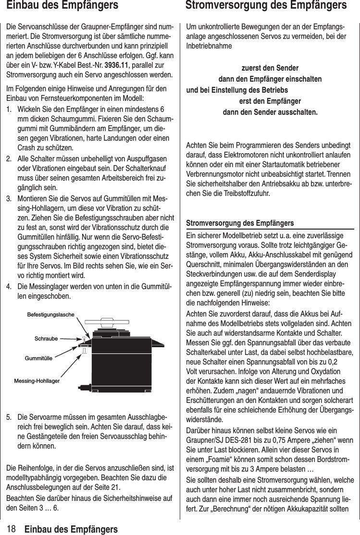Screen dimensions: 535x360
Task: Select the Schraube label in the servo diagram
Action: pos(46,339)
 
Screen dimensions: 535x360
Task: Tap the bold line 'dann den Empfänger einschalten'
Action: pos(270,79)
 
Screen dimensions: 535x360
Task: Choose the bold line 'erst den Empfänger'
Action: pos(270,101)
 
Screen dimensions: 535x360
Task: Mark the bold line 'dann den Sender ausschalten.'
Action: pos(270,112)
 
